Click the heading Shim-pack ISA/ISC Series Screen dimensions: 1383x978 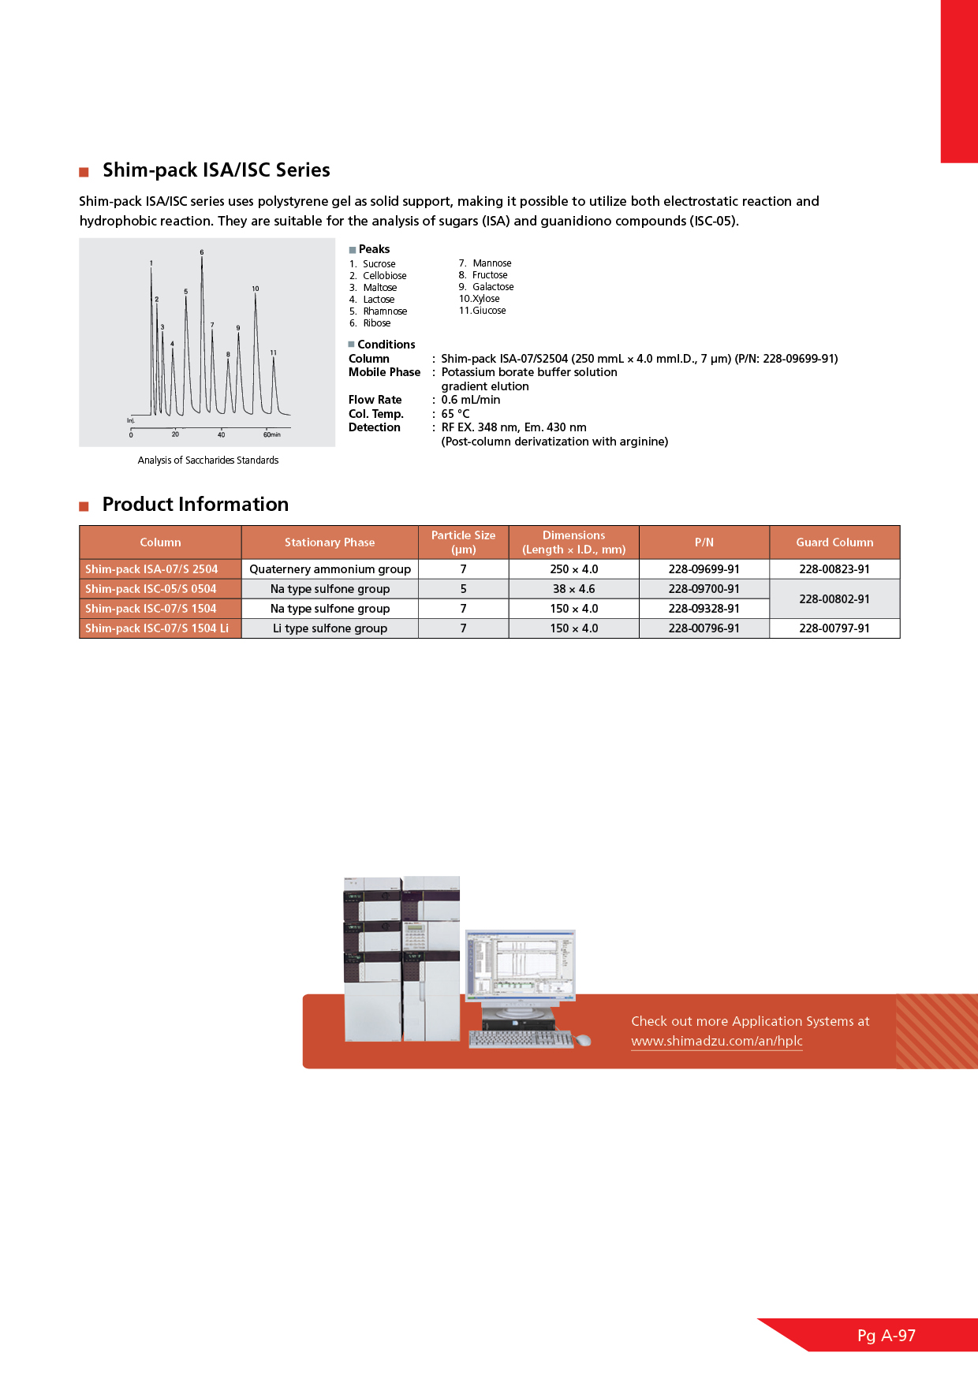coord(215,170)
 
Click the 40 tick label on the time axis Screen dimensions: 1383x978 coord(221,434)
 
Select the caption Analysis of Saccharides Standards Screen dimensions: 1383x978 coord(208,460)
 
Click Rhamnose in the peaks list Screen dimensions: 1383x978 coord(385,311)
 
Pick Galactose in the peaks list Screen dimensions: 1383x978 coord(493,287)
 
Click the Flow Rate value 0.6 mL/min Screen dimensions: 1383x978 coord(470,400)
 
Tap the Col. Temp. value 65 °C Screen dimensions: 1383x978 coord(455,414)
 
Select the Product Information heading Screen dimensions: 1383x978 coord(195,505)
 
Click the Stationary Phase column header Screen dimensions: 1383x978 coord(330,542)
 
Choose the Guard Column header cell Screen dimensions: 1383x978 coord(834,542)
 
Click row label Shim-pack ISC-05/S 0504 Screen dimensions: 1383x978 coord(151,589)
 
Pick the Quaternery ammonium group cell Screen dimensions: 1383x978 coord(330,569)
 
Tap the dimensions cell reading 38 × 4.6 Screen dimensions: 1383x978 coord(573,589)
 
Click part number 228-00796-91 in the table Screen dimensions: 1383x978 coord(704,628)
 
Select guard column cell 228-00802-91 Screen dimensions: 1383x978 coord(834,599)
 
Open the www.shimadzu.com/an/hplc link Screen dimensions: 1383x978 coord(716,1041)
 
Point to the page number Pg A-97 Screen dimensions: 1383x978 coord(887,1336)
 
